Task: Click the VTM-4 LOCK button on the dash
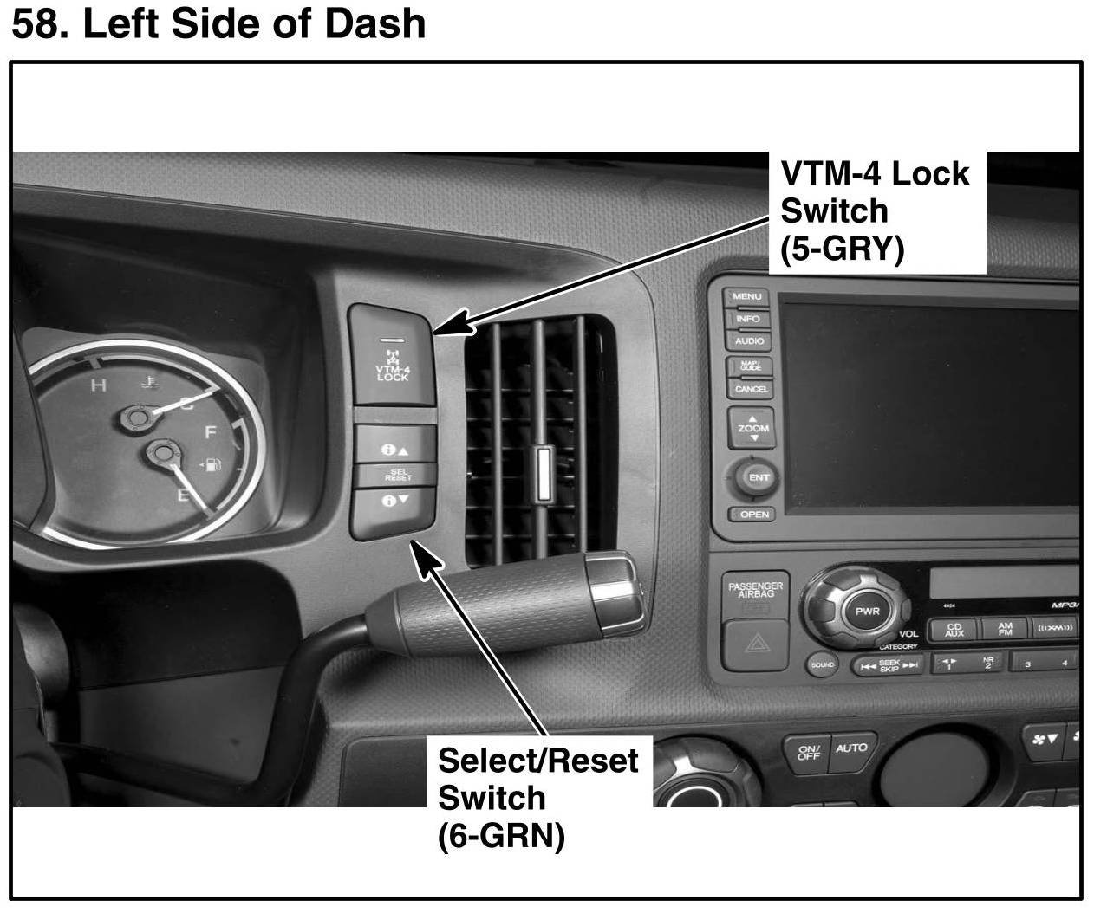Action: (x=392, y=355)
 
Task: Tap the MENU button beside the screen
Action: (x=746, y=297)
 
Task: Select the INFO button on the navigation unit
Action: (x=747, y=319)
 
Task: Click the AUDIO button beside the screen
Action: (x=749, y=341)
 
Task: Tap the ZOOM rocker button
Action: (x=753, y=428)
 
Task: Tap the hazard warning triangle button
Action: (x=756, y=645)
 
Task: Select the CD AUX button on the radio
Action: (x=954, y=630)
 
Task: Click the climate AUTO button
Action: (x=850, y=748)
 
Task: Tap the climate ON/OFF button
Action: (x=808, y=753)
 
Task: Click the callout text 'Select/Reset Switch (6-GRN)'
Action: (x=537, y=798)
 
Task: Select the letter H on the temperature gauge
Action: (x=99, y=385)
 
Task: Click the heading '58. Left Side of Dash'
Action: (x=218, y=24)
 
